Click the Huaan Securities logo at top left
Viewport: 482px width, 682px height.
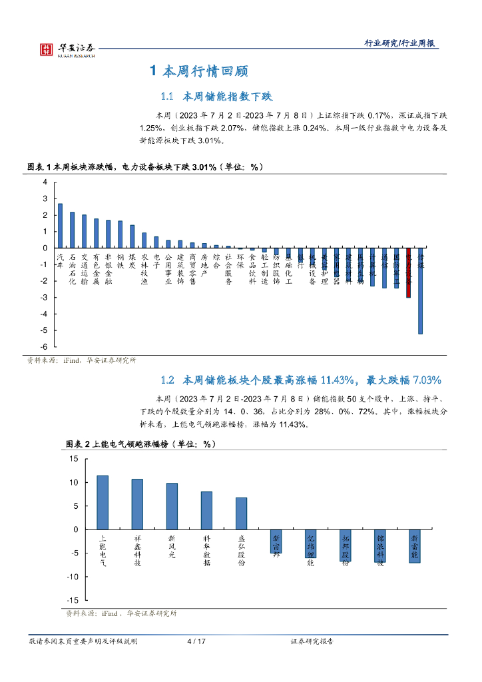(67, 49)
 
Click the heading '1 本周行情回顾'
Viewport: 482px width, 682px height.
(200, 71)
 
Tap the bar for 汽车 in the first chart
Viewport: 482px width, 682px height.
(60, 226)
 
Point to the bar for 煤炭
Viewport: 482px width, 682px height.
(132, 236)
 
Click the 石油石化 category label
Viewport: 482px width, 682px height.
(72, 268)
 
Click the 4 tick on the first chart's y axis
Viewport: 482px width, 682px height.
(45, 182)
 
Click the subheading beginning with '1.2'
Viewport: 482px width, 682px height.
(301, 380)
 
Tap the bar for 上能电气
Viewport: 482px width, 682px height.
(103, 502)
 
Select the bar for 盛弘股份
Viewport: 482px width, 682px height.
(241, 513)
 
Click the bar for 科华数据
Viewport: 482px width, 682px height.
(206, 510)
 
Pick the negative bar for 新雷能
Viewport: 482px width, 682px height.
(414, 546)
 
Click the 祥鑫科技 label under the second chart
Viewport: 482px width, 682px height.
(137, 549)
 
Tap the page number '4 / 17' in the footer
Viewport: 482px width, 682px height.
(196, 641)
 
